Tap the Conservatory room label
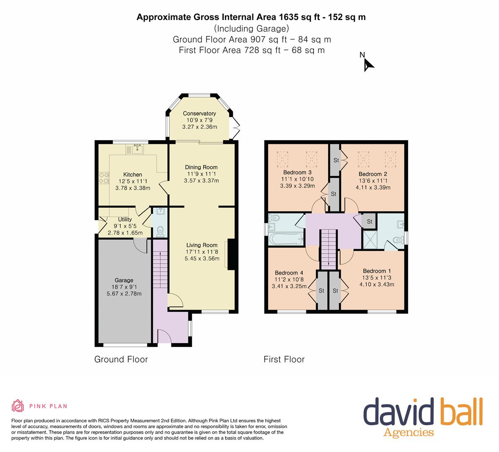click(199, 113)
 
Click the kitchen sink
click(137, 149)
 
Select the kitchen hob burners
click(104, 178)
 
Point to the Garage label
click(124, 280)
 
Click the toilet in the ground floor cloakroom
click(160, 231)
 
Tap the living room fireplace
click(231, 254)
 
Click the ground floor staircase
click(160, 264)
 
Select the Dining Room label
click(201, 167)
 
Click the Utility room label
click(125, 219)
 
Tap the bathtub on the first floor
click(285, 239)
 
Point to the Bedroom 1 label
click(377, 271)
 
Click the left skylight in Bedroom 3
click(282, 159)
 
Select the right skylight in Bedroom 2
click(390, 159)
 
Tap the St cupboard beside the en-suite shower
click(369, 221)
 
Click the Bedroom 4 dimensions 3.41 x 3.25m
click(289, 286)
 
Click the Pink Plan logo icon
click(18, 406)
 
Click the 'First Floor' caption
click(284, 360)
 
